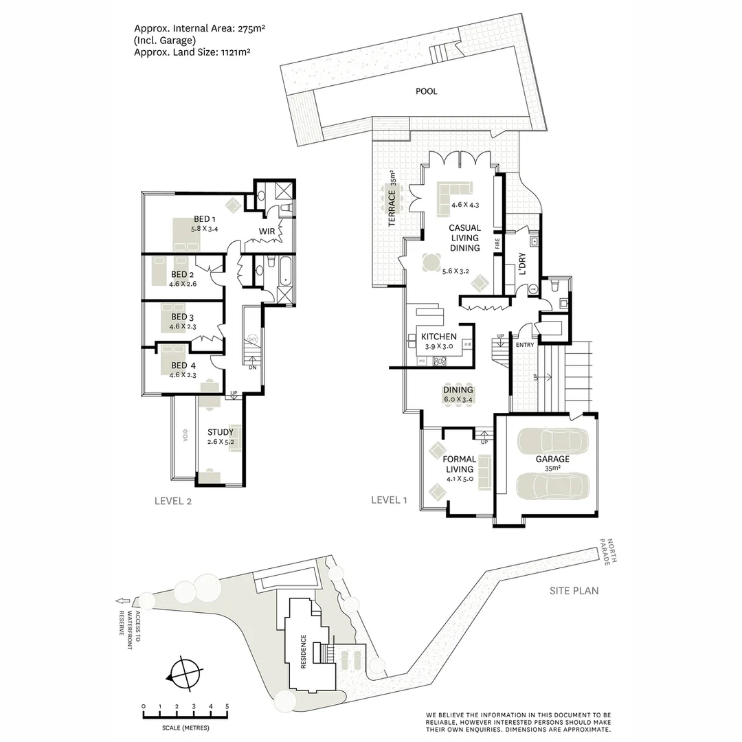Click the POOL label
[426, 91]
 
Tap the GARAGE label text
[552, 459]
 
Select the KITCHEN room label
[438, 337]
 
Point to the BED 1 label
[205, 219]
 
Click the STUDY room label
[220, 432]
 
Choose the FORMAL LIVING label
[460, 464]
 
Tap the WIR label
[267, 232]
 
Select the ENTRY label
[524, 345]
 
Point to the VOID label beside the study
[185, 438]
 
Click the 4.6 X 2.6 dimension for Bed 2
[182, 284]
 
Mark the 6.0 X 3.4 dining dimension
[458, 399]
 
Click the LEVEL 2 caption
[172, 501]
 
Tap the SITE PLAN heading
[574, 590]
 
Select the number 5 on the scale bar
[227, 706]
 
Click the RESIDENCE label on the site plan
[303, 652]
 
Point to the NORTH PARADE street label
[609, 550]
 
